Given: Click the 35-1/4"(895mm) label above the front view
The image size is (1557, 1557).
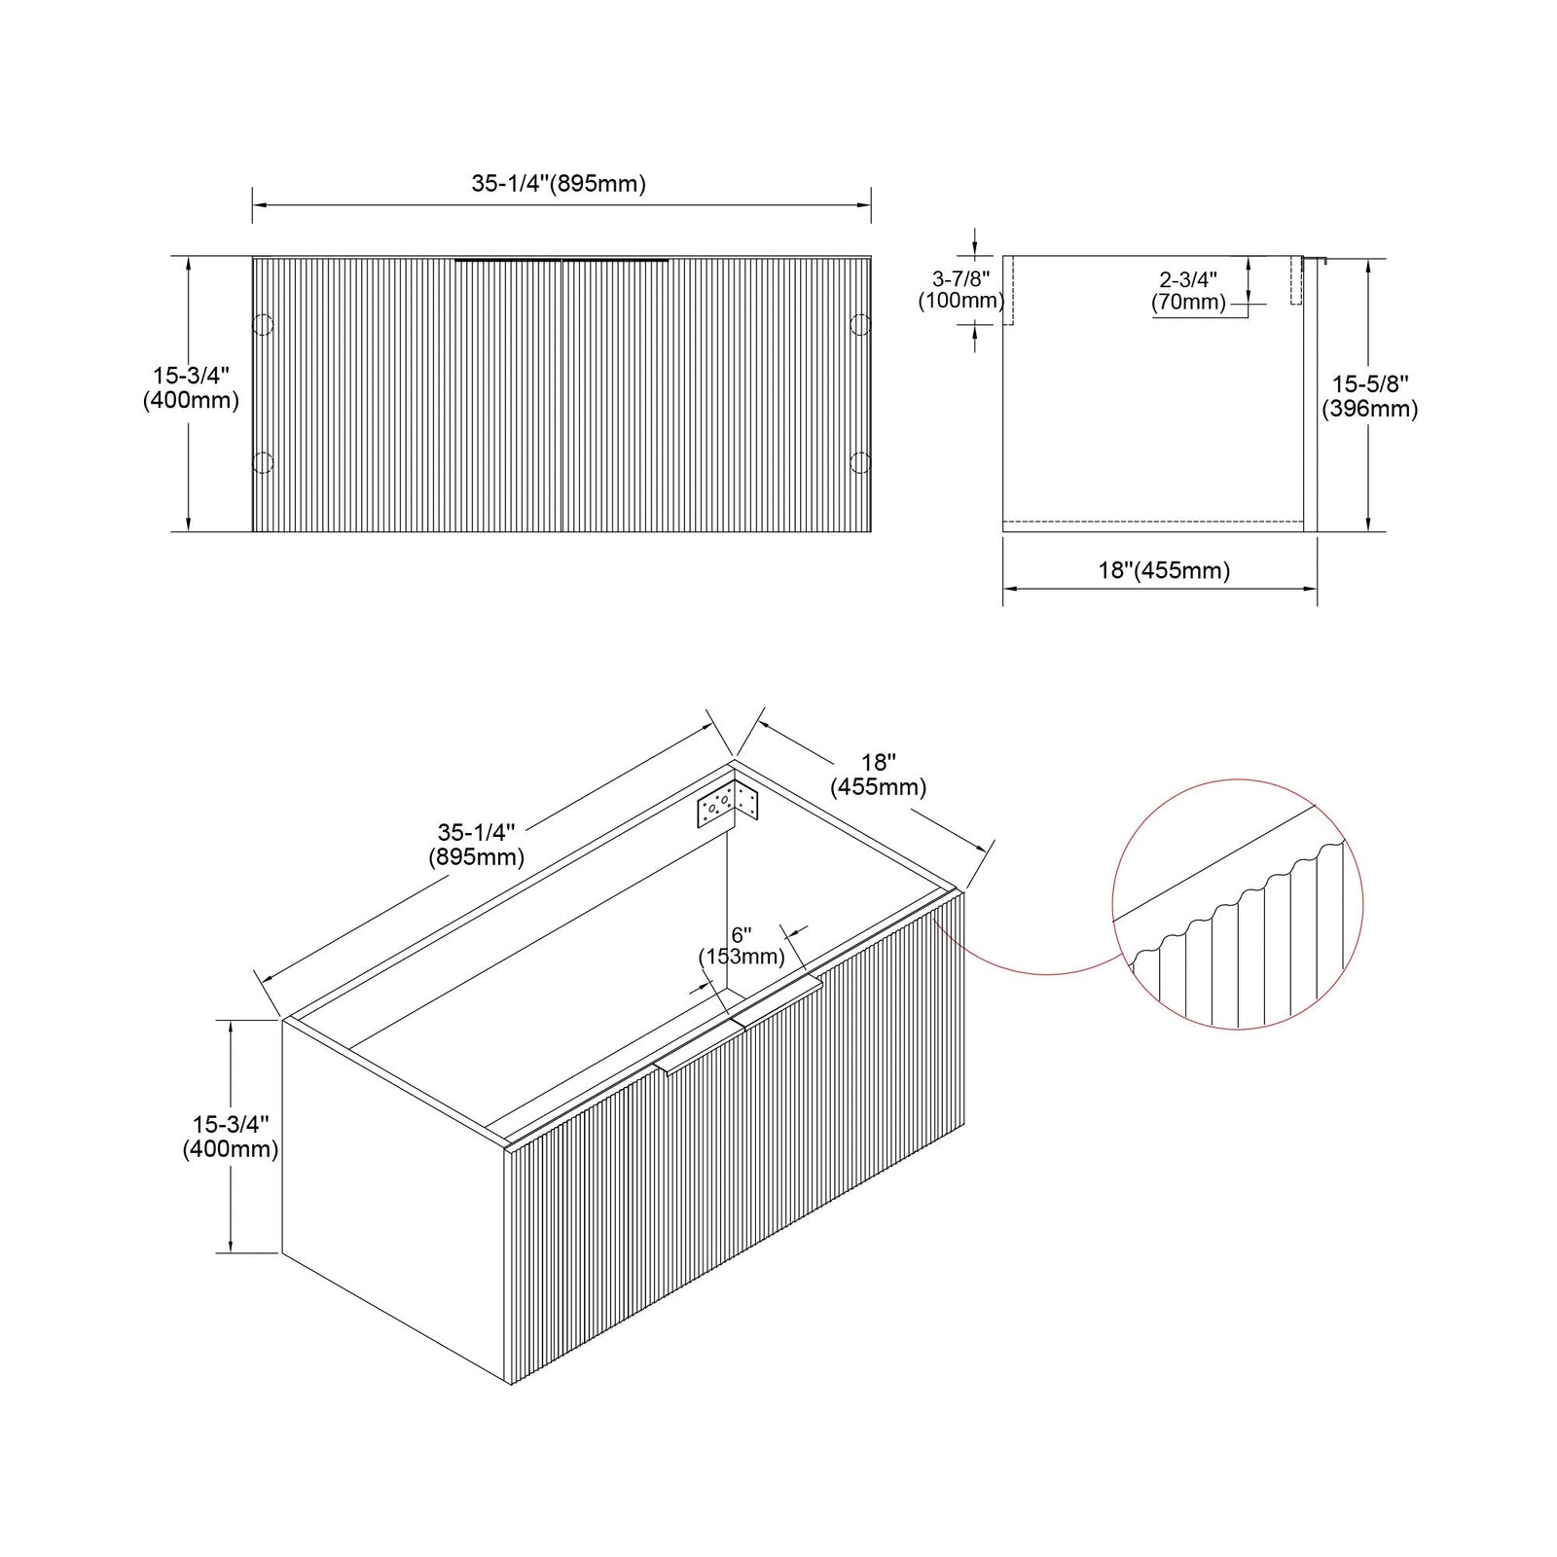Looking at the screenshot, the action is (559, 183).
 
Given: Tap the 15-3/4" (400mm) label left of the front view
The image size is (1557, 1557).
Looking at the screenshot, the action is (191, 387).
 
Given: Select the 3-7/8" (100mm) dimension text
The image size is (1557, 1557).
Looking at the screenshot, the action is (960, 290).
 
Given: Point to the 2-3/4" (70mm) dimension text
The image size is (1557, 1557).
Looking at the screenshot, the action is (1188, 290).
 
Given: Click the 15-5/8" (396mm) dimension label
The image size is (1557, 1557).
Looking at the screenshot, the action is (1369, 396).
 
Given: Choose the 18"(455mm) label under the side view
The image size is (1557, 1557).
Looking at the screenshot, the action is (1164, 570).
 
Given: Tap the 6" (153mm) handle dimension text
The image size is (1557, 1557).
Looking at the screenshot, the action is (742, 945).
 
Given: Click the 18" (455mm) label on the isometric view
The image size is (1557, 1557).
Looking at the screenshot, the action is (878, 775).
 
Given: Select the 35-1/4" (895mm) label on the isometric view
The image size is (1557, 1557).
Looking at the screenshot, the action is (476, 845).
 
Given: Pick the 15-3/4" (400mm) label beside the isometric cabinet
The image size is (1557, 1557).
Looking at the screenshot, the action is (231, 1137).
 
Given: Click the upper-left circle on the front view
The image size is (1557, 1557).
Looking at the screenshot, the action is (263, 324).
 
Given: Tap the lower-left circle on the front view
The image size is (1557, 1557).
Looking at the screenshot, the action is (263, 463).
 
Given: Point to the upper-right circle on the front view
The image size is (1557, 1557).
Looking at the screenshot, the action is (860, 324).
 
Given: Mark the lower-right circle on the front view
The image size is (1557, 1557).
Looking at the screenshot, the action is (860, 463).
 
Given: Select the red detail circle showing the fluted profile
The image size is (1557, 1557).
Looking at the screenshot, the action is (1112, 905).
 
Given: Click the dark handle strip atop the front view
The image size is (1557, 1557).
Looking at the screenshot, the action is (562, 260).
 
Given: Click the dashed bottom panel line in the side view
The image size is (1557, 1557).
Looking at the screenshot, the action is (1153, 522).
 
